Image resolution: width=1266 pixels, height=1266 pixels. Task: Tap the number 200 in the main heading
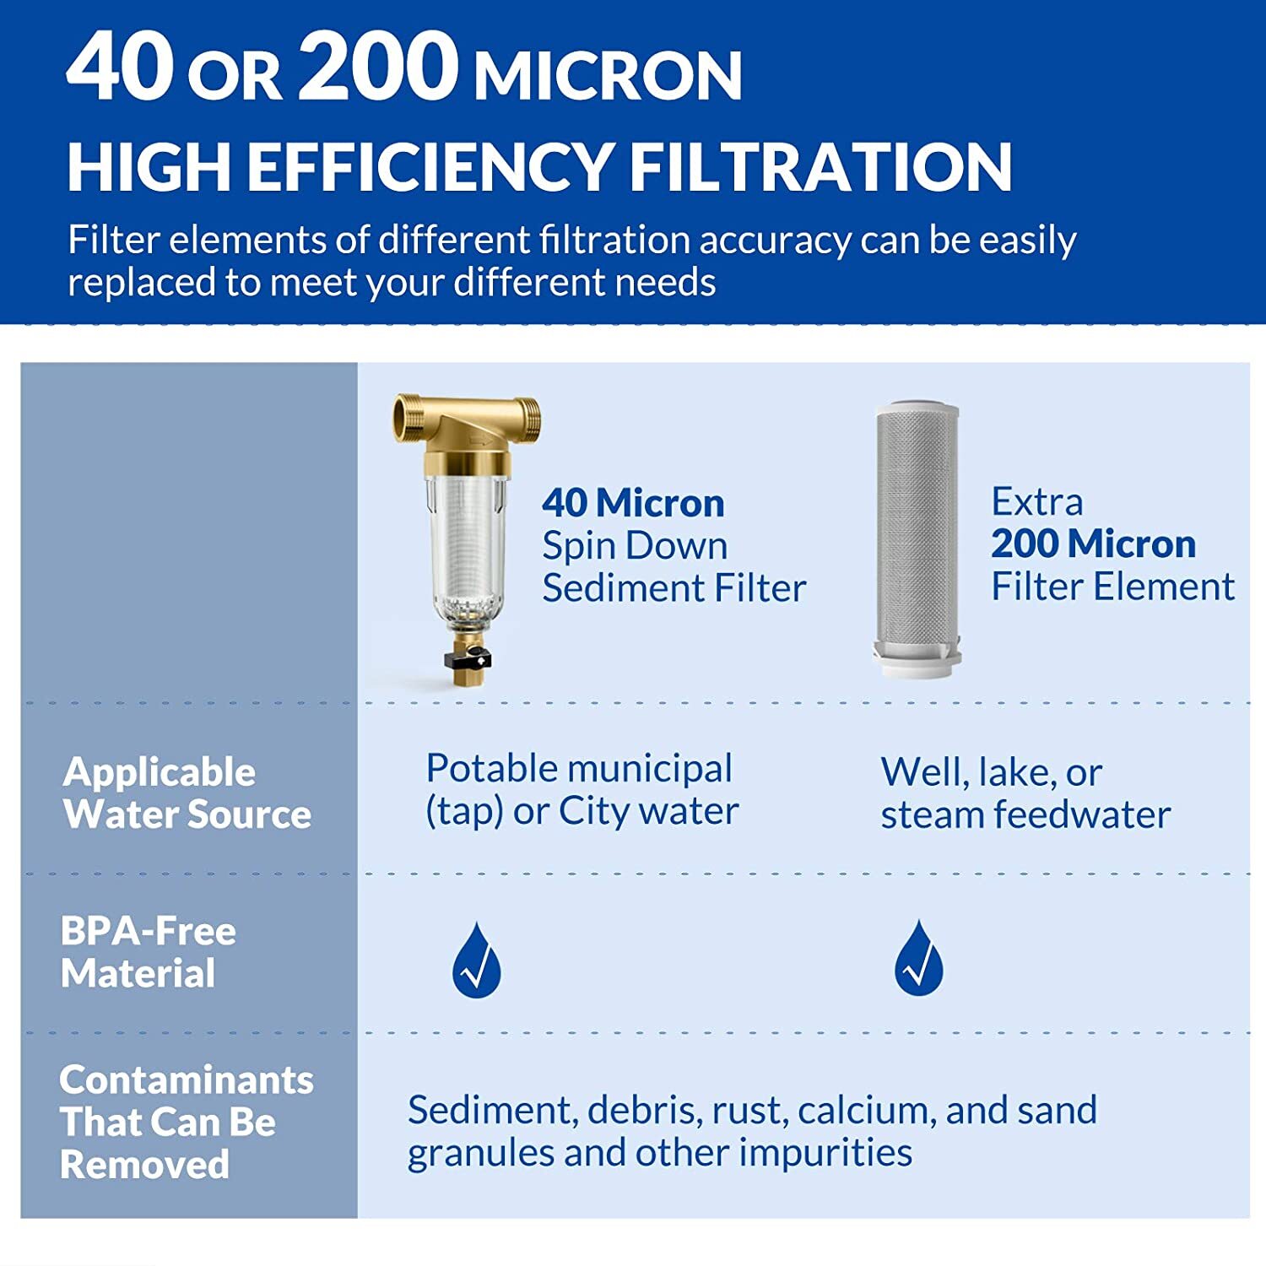[378, 68]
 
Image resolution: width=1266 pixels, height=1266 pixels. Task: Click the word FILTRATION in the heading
[820, 166]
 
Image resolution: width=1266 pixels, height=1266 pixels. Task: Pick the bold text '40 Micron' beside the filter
[633, 503]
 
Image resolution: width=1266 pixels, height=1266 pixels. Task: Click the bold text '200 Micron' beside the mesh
[1093, 544]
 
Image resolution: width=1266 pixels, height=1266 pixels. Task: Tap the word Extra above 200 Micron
[1036, 501]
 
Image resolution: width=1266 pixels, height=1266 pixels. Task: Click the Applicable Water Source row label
[187, 793]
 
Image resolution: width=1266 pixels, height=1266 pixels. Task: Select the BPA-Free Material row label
[148, 952]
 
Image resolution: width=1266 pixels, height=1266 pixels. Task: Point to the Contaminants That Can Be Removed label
[186, 1122]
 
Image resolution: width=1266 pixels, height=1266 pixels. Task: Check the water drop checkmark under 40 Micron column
[476, 962]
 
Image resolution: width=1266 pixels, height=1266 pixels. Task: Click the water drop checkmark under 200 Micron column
[918, 960]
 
